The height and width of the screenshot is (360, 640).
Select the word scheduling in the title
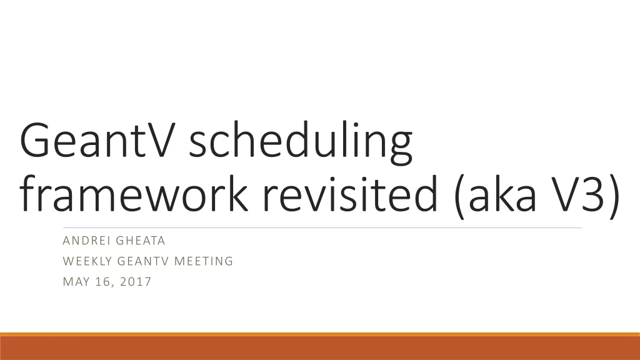coord(300,144)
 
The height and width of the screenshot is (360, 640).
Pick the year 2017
coord(137,282)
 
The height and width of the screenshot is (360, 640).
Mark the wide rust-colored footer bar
coord(320,348)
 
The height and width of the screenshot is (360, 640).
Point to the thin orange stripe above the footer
coord(320,334)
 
